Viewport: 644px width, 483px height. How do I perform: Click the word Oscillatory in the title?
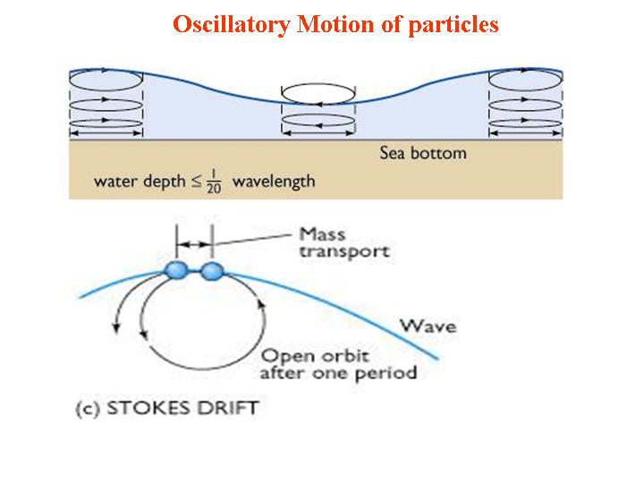[232, 24]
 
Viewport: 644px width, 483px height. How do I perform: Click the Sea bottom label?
[423, 153]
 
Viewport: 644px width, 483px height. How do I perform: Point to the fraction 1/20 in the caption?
[216, 182]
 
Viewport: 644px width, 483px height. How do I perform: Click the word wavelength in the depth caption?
[274, 182]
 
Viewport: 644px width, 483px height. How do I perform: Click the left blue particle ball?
[177, 270]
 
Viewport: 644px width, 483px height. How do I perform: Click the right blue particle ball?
[212, 270]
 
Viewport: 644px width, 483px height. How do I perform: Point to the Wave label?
[428, 325]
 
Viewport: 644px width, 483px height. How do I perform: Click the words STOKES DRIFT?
[182, 409]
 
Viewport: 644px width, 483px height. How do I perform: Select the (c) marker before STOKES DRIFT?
[88, 409]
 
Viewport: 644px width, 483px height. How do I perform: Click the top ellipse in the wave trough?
[319, 93]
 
